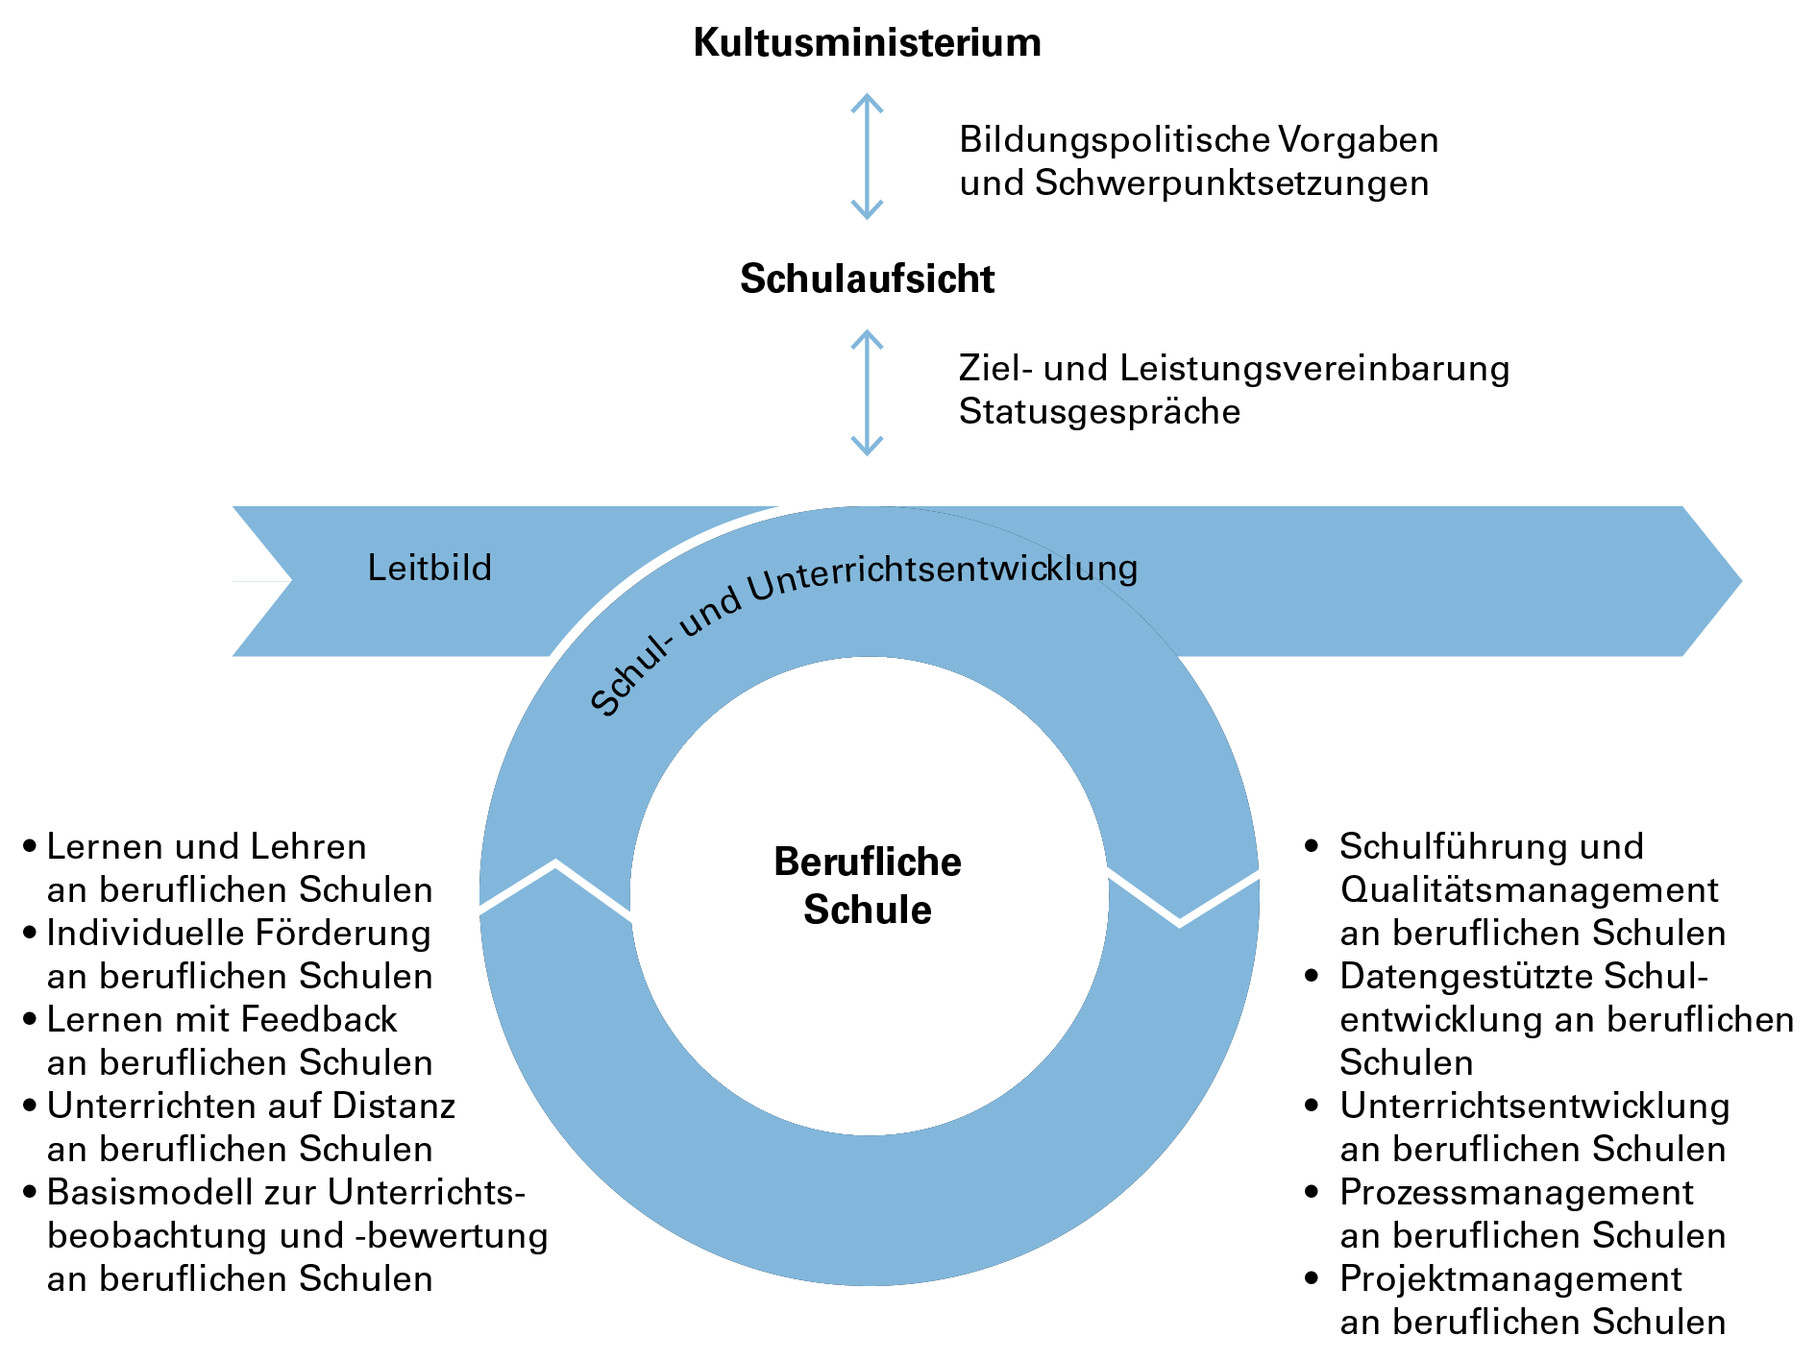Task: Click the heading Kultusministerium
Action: pos(867,43)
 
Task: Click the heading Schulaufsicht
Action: pos(867,279)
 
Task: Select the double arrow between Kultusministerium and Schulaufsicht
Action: pos(867,157)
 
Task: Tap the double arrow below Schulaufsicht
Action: pos(867,393)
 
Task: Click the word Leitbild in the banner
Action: pos(429,569)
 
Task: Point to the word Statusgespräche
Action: pos(1099,412)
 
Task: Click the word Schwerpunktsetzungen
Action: pos(1232,183)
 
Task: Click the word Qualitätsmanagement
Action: pos(1529,890)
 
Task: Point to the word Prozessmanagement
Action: pos(1516,1193)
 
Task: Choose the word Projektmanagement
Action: pos(1510,1279)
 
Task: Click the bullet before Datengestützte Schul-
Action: pos(1313,976)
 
